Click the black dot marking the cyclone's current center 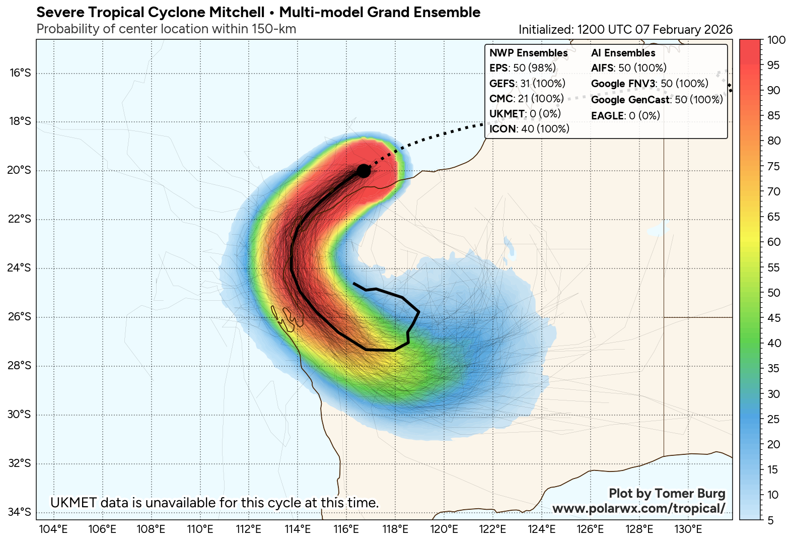364,171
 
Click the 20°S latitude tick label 20,170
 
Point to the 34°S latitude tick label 20,512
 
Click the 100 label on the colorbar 776,40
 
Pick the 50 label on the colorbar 774,293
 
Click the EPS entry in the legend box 523,68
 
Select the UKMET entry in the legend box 525,114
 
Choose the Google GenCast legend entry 657,100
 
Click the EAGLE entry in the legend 625,116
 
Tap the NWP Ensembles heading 529,53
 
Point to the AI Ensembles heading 623,53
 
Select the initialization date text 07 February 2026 684,30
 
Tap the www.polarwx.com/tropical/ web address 638,508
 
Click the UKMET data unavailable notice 214,503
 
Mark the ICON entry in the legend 529,129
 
